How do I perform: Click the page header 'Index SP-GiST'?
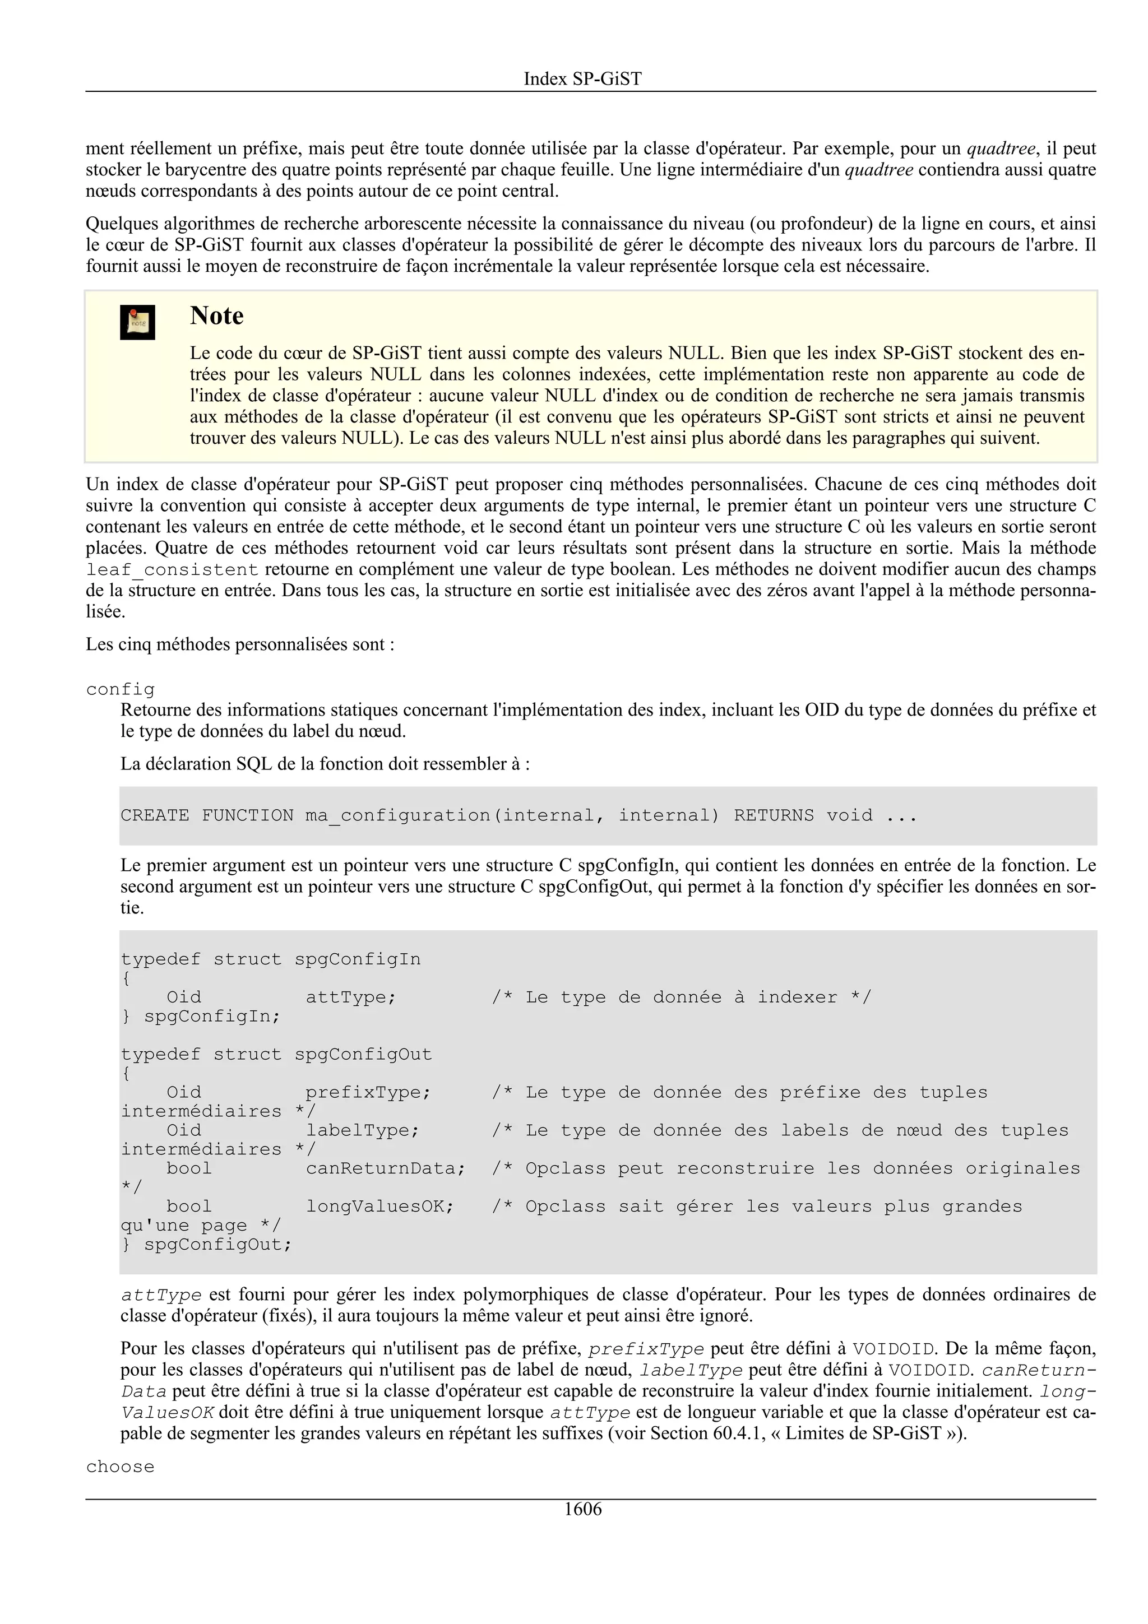click(582, 78)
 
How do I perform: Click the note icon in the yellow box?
click(137, 323)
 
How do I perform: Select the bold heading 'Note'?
click(216, 315)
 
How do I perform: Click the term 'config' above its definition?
click(121, 689)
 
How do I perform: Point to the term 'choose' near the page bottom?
click(121, 1467)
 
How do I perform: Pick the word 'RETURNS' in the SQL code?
click(774, 815)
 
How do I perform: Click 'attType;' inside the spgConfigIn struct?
click(351, 997)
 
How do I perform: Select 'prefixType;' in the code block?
click(368, 1092)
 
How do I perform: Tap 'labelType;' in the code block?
click(362, 1130)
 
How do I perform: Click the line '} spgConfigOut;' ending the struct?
click(206, 1244)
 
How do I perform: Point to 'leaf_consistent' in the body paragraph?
click(173, 570)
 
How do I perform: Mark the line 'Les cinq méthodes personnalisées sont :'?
click(240, 644)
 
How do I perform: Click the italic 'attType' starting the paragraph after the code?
click(161, 1295)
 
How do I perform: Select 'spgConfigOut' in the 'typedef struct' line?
click(363, 1054)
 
